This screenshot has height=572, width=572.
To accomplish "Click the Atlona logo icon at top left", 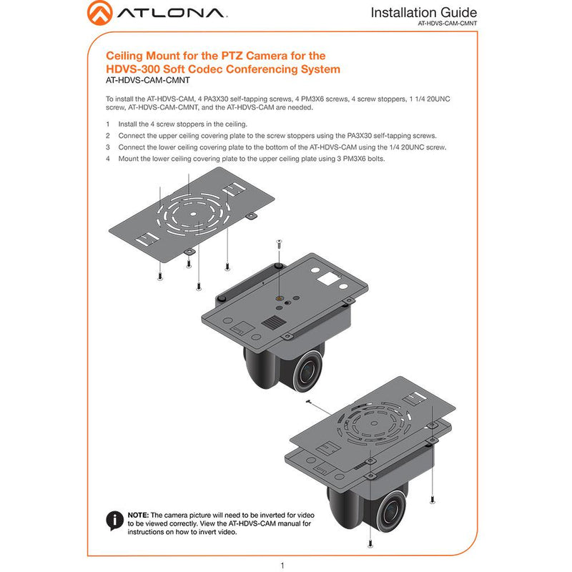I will click(99, 13).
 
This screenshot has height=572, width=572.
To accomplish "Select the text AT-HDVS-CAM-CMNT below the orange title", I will click(144, 81).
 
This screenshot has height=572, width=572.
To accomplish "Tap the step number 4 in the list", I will click(108, 159).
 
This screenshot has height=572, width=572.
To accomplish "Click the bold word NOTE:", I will click(138, 515).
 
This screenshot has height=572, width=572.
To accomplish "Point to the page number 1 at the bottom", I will click(283, 565).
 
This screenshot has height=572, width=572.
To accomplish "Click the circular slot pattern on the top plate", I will click(189, 214).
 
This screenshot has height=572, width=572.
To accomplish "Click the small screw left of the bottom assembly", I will click(308, 403).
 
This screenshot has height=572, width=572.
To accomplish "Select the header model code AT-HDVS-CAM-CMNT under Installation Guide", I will click(447, 24).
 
